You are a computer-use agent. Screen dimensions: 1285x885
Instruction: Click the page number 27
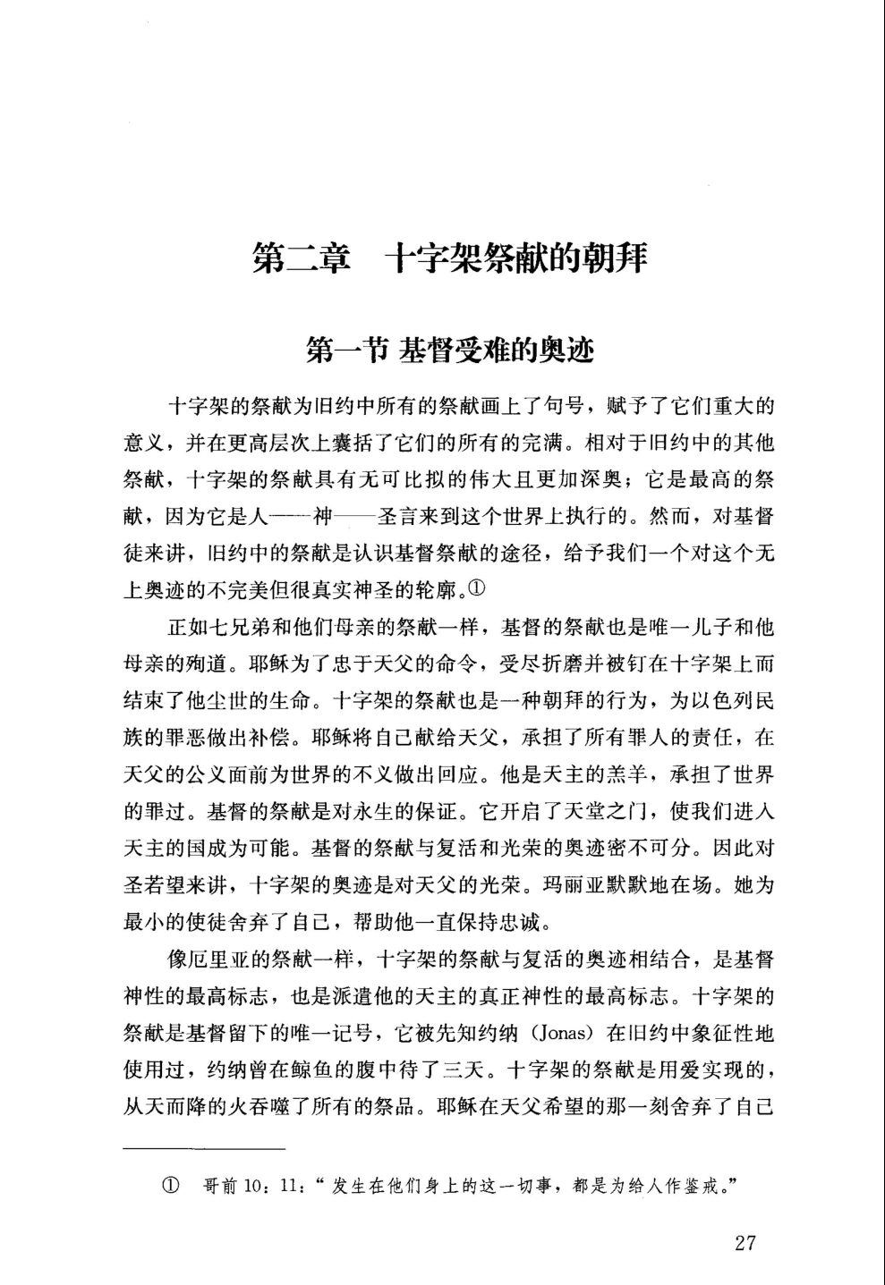click(x=746, y=1243)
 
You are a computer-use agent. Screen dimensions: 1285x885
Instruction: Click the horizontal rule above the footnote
click(x=204, y=1147)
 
